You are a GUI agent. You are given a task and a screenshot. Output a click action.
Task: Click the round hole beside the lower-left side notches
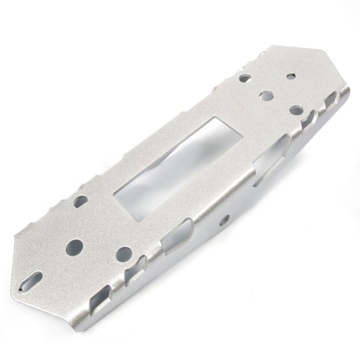[x=122, y=254]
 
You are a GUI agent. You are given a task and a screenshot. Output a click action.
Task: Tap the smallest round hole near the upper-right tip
[x=290, y=77]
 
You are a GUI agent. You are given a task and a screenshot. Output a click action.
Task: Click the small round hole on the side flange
[x=226, y=218]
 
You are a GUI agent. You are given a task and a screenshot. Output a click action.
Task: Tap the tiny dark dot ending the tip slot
[x=22, y=287]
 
